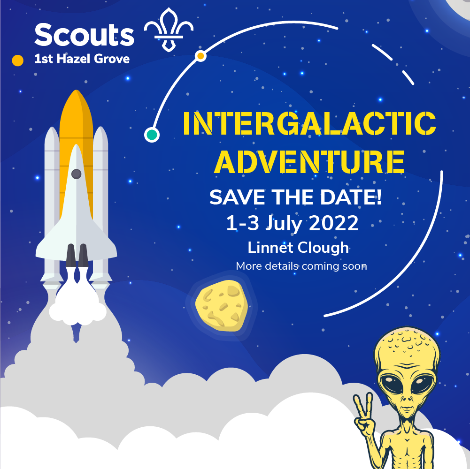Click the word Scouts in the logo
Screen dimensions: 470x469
point(84,35)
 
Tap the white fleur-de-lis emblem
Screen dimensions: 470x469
point(169,30)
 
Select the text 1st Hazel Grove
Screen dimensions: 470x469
point(82,59)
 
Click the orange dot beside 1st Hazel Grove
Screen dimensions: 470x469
point(18,61)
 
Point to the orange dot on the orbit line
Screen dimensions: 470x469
point(200,56)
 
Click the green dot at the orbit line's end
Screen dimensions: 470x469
point(152,135)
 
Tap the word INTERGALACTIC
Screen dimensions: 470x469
point(309,123)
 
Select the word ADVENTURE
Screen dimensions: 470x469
point(309,162)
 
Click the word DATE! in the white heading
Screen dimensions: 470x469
point(351,197)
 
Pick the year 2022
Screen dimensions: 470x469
point(334,223)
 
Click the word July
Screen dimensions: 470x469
point(284,224)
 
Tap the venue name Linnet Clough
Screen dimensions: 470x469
point(298,248)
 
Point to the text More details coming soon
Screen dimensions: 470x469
point(301,266)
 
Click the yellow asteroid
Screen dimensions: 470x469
point(222,305)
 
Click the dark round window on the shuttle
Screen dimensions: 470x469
point(77,174)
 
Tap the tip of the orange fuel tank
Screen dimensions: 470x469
point(77,90)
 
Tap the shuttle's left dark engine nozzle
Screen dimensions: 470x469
point(71,255)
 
